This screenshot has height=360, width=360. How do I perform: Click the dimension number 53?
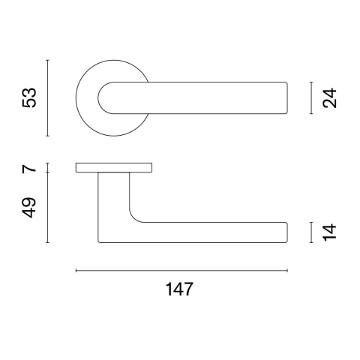pyautogui.click(x=29, y=97)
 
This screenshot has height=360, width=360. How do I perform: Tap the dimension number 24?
pyautogui.click(x=329, y=97)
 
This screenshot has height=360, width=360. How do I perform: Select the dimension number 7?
pyautogui.click(x=29, y=167)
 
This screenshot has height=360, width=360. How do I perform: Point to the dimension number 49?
pyautogui.click(x=29, y=208)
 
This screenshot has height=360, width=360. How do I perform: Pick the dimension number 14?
pyautogui.click(x=329, y=232)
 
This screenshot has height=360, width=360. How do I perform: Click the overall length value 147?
pyautogui.click(x=179, y=289)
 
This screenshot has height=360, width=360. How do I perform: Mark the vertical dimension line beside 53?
pyautogui.click(x=48, y=98)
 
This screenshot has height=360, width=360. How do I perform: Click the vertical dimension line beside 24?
pyautogui.click(x=311, y=97)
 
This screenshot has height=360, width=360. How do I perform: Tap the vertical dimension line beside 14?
pyautogui.click(x=311, y=232)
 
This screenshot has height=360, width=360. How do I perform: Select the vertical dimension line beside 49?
pyautogui.click(x=48, y=208)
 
